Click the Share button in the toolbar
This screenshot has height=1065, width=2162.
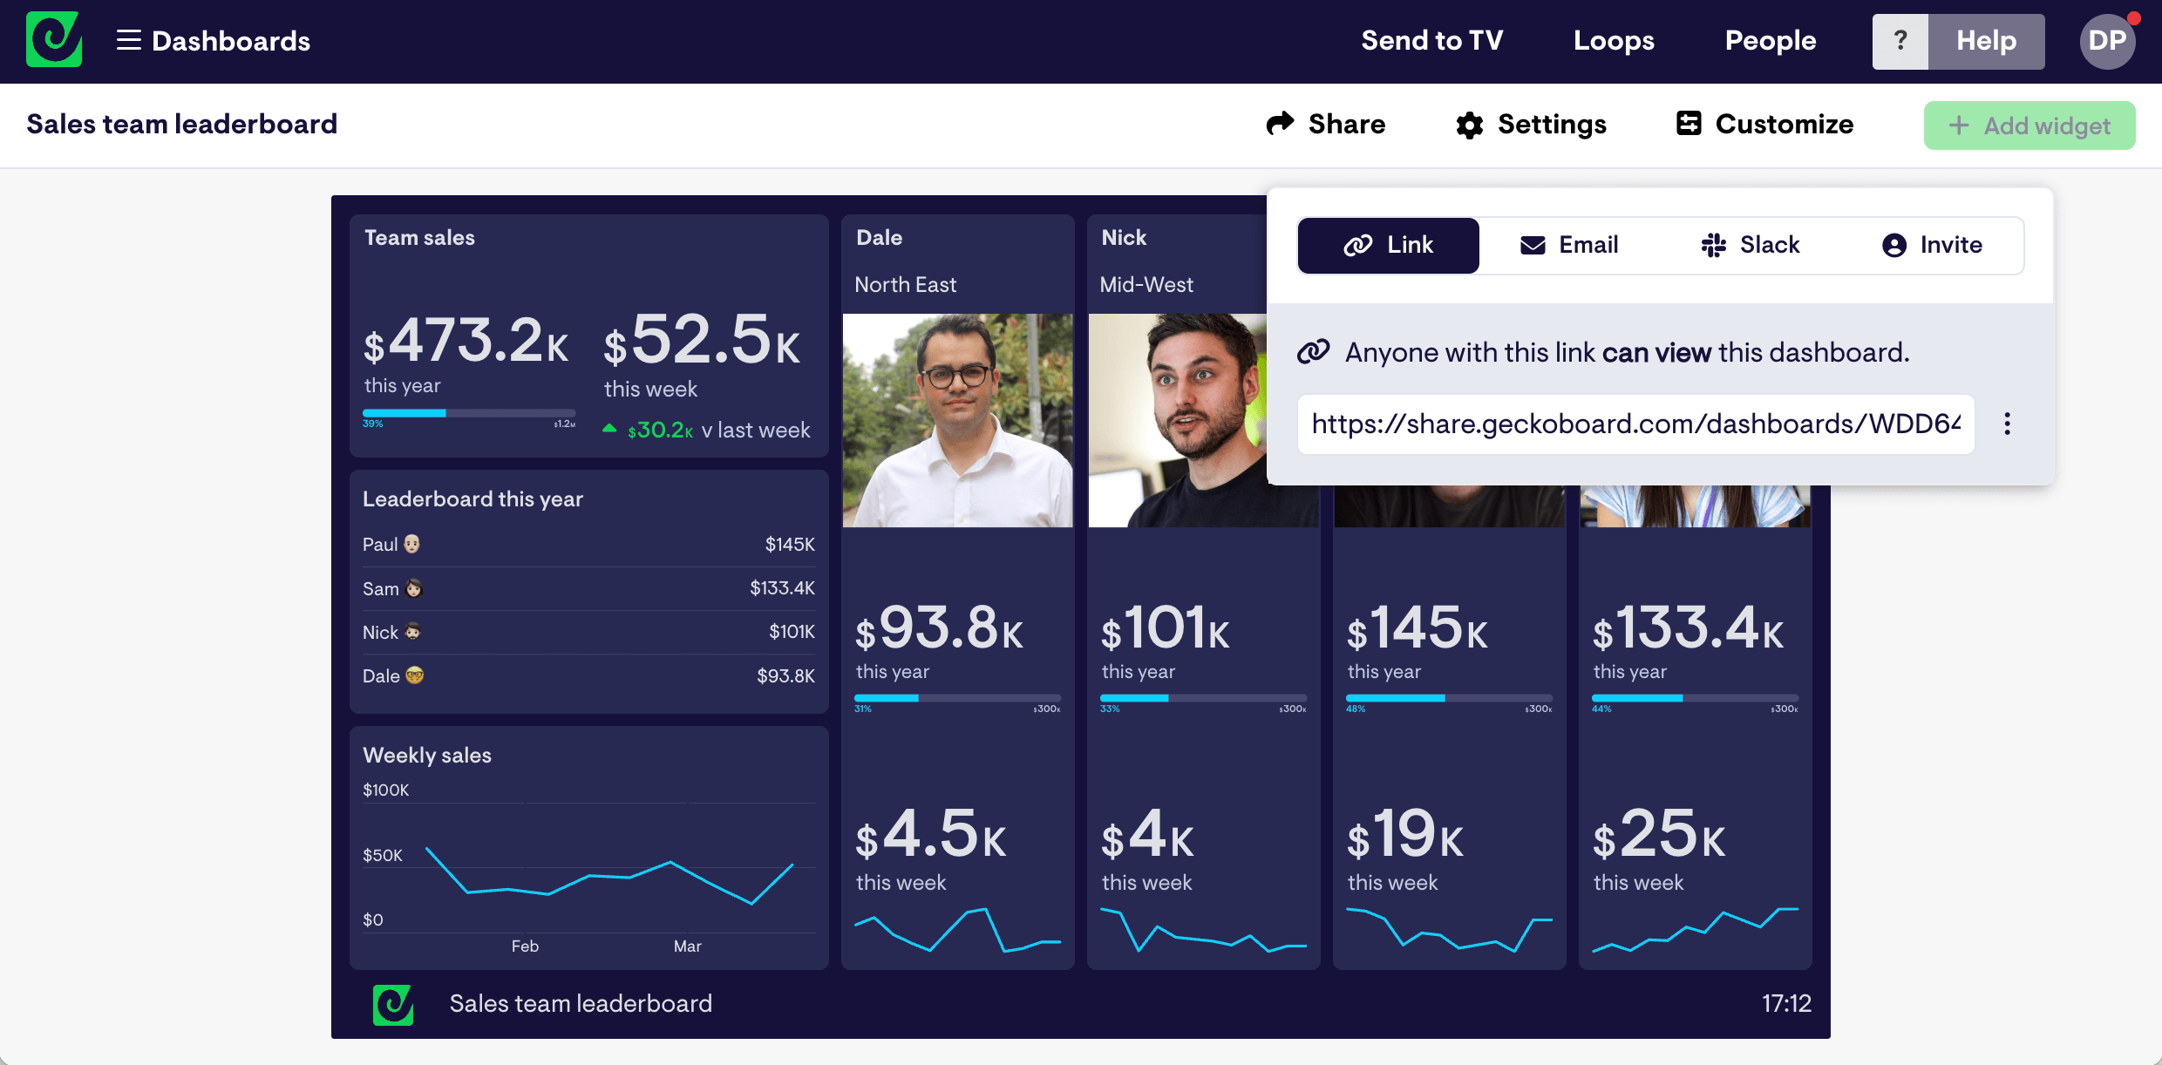coord(1325,125)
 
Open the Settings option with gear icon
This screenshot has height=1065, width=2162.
coord(1531,125)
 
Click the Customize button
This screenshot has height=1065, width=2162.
coord(1765,125)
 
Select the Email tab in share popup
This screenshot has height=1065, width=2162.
coord(1569,245)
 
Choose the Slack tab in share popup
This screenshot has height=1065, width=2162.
coord(1751,245)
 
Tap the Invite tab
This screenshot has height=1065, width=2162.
coord(1932,245)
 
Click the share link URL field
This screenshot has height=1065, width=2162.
coord(1635,424)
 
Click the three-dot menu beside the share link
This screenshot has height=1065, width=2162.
coord(2007,424)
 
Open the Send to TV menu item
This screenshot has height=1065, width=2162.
coord(1431,41)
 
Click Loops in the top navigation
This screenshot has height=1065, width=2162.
coord(1614,41)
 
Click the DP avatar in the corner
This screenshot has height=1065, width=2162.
coord(2107,41)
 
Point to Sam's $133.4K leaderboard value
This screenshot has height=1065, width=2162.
coord(782,588)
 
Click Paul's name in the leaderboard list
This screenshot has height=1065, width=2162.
coord(380,545)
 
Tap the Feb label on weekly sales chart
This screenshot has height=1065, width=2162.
coord(525,946)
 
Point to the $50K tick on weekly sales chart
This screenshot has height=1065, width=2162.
coord(383,855)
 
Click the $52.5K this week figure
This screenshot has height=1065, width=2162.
coord(703,342)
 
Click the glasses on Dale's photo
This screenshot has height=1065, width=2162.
coord(956,376)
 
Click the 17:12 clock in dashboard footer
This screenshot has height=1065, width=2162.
coord(1786,1004)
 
